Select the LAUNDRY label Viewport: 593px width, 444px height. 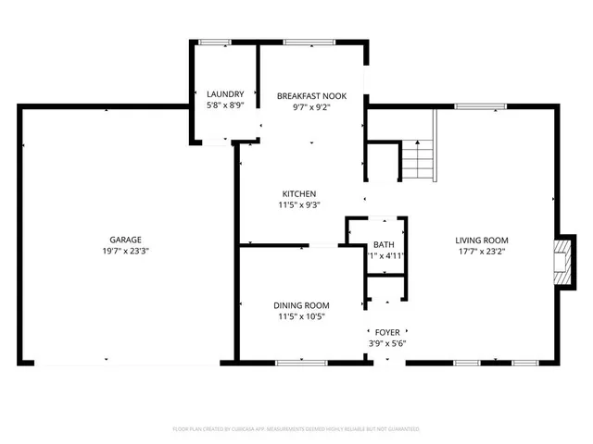click(x=225, y=94)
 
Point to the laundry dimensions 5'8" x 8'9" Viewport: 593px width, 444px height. click(x=225, y=106)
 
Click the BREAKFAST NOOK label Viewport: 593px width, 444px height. click(x=310, y=94)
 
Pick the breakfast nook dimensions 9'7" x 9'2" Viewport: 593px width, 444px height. click(x=310, y=106)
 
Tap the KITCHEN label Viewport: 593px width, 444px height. click(x=299, y=193)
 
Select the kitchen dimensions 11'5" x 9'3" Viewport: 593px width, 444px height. click(x=299, y=205)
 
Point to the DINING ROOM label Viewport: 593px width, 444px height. click(x=301, y=305)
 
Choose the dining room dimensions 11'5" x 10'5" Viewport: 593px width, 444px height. click(x=301, y=317)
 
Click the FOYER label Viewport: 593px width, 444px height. click(x=386, y=331)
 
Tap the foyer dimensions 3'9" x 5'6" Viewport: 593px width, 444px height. click(x=386, y=343)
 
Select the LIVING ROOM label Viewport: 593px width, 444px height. click(x=479, y=240)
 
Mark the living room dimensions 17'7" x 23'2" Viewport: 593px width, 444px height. click(x=479, y=252)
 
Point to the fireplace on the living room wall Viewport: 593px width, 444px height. click(x=560, y=262)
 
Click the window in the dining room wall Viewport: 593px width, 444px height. click(x=300, y=362)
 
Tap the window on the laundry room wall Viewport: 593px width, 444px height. click(x=216, y=42)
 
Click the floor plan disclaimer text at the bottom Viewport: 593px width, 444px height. click(x=296, y=429)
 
